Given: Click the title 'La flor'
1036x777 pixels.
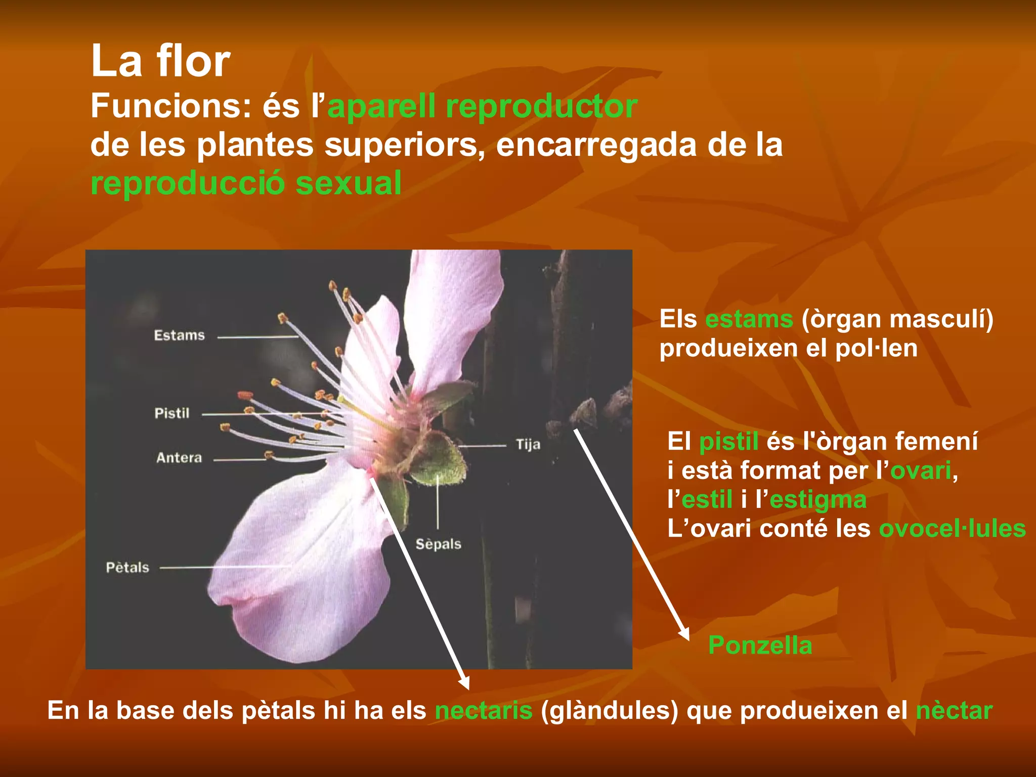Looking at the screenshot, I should click(160, 61).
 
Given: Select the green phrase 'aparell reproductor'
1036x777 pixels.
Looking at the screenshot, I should click(482, 106).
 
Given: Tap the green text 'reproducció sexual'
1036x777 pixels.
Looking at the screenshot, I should click(246, 183).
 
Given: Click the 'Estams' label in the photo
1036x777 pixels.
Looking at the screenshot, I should click(179, 335).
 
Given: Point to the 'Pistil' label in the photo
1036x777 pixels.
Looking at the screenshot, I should click(172, 413).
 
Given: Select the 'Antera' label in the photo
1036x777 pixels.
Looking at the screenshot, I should click(179, 458).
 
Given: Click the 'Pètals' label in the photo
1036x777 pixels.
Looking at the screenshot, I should click(127, 568).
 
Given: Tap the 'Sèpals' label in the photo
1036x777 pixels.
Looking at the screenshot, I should click(438, 544).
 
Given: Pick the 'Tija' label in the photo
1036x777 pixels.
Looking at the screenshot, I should click(528, 445).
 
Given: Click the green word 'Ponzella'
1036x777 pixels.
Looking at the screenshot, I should click(760, 645).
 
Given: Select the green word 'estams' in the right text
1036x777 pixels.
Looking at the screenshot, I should click(749, 319).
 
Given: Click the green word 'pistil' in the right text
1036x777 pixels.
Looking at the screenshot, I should click(728, 441).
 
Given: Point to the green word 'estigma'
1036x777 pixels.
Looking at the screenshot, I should click(818, 500).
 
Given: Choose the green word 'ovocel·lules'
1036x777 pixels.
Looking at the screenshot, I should click(952, 529).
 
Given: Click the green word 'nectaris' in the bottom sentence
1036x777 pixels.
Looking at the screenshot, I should click(484, 710).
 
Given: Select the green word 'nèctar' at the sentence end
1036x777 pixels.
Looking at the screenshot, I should click(954, 710).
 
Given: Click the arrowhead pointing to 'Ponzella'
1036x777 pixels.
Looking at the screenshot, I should click(684, 634).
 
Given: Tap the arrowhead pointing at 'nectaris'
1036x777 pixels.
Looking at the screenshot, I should click(464, 683).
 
